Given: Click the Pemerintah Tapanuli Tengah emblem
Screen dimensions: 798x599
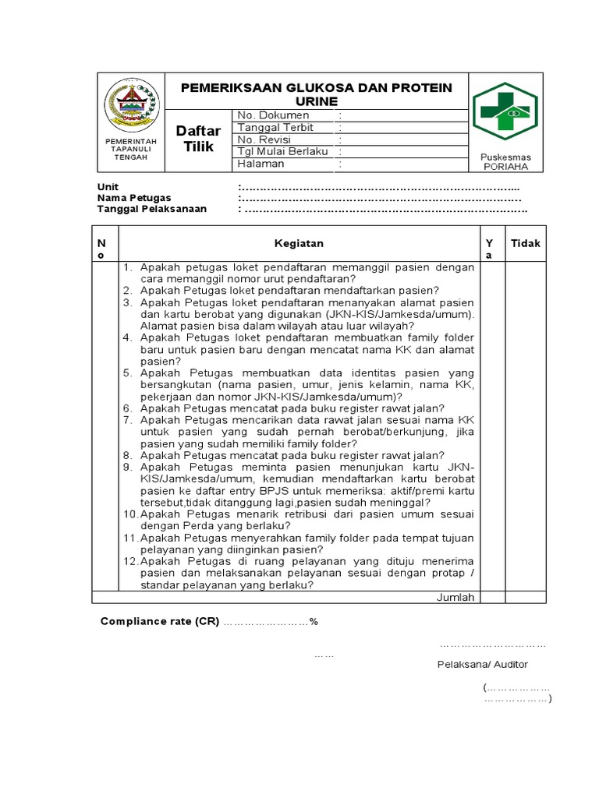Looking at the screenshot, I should point(131,106).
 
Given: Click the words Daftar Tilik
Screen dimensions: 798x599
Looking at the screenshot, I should point(198,139).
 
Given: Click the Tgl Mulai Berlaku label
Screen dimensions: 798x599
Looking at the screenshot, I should point(282,151).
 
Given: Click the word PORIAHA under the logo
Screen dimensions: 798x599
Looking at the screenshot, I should point(505,167).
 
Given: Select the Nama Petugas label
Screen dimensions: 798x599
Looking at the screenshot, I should point(134,198).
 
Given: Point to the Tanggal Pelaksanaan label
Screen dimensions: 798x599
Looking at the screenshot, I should point(151,209).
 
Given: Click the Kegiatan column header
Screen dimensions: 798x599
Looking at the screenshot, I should point(299,243).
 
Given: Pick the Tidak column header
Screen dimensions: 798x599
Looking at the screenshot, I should point(525,243).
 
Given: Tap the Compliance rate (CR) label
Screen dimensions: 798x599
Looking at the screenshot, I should point(161,622).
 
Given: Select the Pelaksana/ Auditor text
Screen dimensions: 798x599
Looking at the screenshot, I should point(482,664).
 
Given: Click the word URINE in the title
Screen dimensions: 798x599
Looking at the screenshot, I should point(317,102).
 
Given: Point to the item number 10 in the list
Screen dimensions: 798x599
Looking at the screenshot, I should point(130,514).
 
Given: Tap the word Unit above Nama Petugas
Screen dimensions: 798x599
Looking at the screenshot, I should point(108,187).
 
